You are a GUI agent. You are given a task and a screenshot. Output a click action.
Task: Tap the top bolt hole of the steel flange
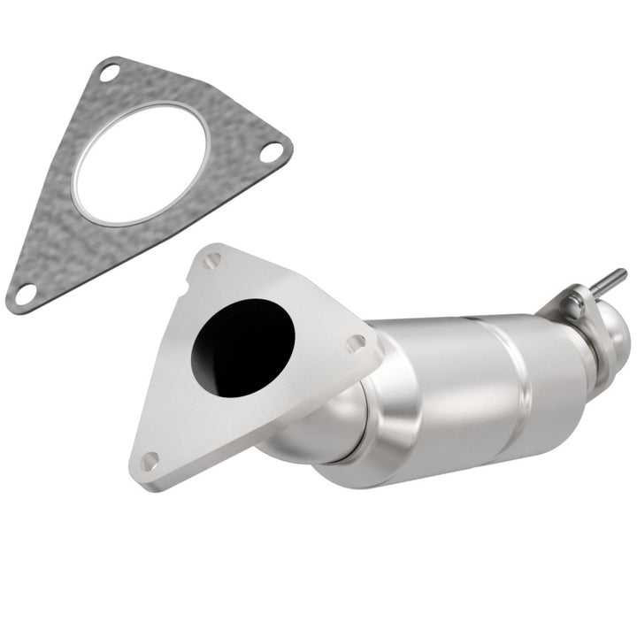212,260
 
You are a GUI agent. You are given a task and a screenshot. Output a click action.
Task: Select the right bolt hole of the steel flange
355,342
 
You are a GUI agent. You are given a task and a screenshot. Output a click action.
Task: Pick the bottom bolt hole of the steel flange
150,459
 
